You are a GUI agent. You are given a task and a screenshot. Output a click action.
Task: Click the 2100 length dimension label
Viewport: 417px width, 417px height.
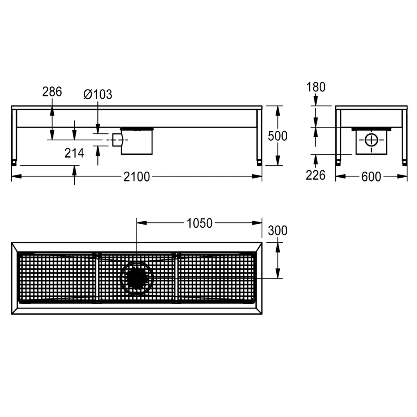click(137, 177)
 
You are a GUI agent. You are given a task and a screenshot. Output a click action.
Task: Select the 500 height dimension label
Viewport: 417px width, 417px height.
click(278, 136)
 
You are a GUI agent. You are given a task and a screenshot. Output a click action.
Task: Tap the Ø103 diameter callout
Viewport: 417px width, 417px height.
click(98, 94)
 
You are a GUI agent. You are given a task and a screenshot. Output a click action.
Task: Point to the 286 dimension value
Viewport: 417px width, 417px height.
click(52, 92)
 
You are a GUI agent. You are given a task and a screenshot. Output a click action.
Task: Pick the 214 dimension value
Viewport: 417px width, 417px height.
click(74, 153)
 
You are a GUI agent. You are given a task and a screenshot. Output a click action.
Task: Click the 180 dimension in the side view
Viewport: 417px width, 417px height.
click(316, 87)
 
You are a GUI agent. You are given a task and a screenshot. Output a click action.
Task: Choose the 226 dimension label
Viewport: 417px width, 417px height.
click(315, 175)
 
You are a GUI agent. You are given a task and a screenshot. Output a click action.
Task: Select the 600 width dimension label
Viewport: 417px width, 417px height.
click(371, 177)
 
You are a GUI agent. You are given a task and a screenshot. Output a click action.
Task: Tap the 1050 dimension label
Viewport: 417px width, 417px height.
click(199, 223)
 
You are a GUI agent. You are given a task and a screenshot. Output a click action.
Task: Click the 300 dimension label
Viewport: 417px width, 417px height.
click(278, 231)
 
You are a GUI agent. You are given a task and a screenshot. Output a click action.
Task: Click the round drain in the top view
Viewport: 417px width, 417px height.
click(137, 278)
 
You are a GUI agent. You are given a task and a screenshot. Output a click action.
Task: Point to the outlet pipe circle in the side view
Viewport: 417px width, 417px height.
click(371, 140)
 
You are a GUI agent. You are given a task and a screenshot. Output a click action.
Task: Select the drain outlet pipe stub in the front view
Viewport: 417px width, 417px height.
click(117, 140)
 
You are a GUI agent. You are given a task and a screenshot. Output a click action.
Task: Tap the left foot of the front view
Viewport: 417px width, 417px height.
click(14, 162)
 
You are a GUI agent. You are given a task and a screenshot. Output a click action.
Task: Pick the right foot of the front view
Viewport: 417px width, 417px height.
click(259, 162)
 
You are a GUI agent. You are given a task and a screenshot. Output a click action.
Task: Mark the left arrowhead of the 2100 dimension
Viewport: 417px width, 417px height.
click(17, 176)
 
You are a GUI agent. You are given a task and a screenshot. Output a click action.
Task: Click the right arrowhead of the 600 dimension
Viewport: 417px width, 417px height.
click(402, 176)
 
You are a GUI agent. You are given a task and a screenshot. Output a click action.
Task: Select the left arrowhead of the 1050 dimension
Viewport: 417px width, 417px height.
click(142, 223)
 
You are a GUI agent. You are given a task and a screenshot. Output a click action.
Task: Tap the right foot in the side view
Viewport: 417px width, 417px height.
click(404, 162)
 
